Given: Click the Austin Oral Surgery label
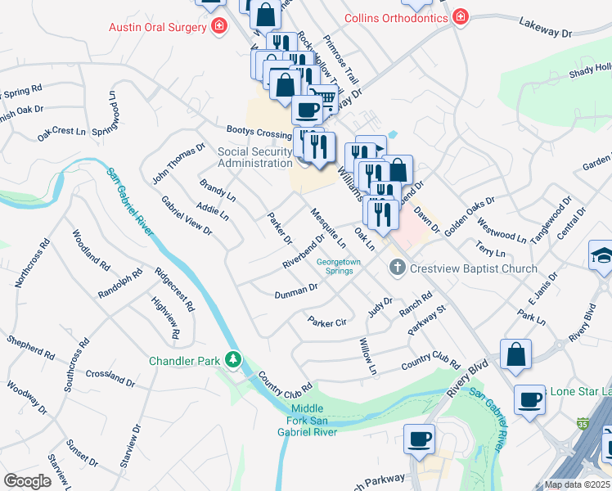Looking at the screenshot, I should pos(158,28).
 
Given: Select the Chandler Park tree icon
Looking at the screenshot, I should pos(234,360).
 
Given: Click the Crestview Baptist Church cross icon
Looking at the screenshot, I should pos(397,268).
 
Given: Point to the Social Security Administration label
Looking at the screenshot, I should pos(254,157).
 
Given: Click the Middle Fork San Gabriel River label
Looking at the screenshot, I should pos(307,420).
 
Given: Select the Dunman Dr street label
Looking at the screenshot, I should pos(295,291).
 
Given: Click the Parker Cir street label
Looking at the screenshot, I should pos(326,322).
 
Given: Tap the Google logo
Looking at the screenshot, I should pos(28,481).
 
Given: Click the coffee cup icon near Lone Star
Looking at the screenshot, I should pos(529,399).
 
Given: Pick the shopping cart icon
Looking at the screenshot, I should pos(326,98).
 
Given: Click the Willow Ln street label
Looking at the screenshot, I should pos(366,358).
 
